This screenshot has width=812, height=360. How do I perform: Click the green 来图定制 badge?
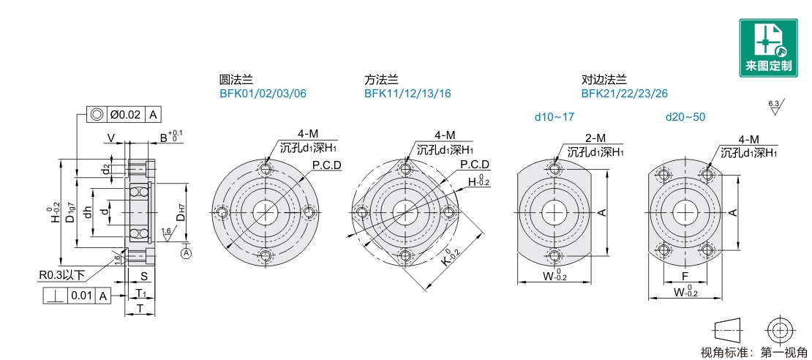point(768,48)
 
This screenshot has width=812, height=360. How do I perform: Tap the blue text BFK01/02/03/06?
point(263,94)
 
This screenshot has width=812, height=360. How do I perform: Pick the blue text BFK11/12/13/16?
point(407,94)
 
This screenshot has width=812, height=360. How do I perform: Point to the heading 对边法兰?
point(604,80)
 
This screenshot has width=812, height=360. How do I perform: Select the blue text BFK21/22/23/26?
point(625,94)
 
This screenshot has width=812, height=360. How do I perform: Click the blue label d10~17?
point(555,117)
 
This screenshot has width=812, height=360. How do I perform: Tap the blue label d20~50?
point(685,117)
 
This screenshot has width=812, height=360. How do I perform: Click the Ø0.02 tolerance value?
point(124,115)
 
